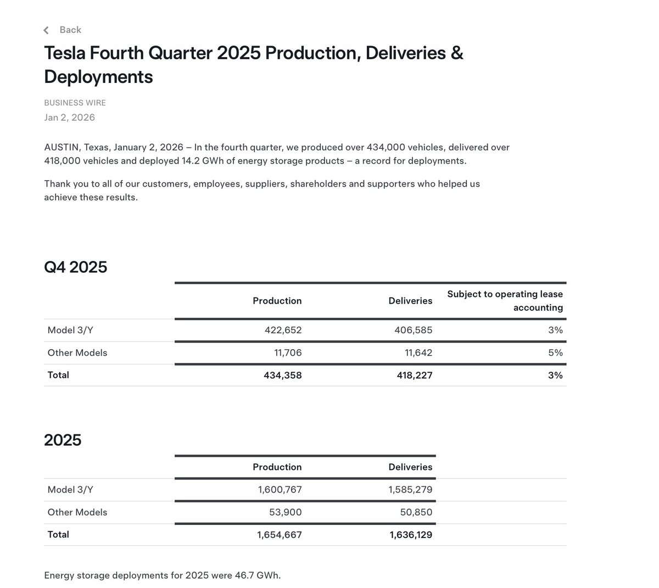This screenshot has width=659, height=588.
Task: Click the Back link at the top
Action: point(70,30)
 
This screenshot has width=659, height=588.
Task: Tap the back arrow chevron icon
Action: point(46,30)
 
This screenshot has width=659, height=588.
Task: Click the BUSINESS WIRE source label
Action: point(75,103)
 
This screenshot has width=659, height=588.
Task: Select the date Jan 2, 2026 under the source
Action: point(69,117)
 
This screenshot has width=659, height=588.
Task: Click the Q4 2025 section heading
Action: point(75,267)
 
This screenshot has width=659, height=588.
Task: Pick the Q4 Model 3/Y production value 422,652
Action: point(283,330)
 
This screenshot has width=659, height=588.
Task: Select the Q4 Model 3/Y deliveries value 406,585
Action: point(413,330)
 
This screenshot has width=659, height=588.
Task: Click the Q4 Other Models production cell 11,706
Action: point(288,352)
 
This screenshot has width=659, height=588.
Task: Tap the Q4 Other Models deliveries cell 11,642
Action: point(418,352)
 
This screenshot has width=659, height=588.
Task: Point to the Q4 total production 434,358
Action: point(282,376)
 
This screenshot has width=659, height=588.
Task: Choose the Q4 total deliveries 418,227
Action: point(413,376)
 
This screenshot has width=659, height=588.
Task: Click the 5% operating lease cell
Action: point(555,352)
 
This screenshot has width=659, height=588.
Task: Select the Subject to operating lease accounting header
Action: point(505,301)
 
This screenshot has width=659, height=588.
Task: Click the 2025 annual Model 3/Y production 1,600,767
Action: point(280,490)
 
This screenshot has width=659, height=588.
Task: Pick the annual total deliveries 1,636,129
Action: point(411,535)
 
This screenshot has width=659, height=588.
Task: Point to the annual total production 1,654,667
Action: point(279,535)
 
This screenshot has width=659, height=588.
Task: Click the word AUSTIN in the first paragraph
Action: point(62,147)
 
